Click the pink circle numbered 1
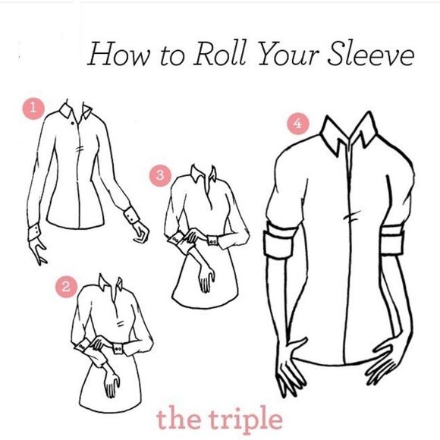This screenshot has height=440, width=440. coord(33,108)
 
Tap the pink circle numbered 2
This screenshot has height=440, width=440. coord(66,287)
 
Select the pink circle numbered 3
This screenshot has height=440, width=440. coord(160,176)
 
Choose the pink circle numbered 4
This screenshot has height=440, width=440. coord(298,124)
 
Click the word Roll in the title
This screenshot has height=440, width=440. coord(220,54)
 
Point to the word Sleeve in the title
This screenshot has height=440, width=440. coord(371,54)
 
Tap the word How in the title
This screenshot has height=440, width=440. coord(120,54)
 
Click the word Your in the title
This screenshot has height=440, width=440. coord(288,54)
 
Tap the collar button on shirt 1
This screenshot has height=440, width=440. coord(73,123)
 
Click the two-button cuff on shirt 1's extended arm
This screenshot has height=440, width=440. coord(131,215)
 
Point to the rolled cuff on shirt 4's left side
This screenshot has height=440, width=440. coord(279,239)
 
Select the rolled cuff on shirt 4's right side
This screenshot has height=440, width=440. coord(392,240)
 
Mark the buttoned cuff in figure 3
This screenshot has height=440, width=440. coord(212,241)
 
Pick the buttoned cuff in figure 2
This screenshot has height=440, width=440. coord(118,349)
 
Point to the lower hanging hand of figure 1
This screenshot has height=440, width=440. coord(37,251)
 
